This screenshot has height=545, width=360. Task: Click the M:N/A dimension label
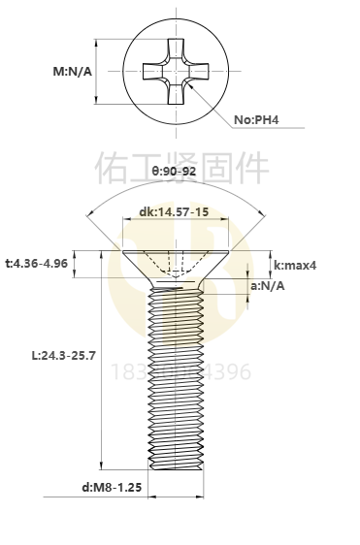pos(73,72)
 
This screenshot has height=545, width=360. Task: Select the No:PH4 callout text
pos(257,120)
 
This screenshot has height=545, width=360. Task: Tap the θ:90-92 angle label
pos(175,171)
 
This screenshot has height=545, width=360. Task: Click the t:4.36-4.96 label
pos(36,264)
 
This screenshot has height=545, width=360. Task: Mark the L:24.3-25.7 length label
pos(64,356)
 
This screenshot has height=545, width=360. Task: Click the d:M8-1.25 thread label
pos(113,487)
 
